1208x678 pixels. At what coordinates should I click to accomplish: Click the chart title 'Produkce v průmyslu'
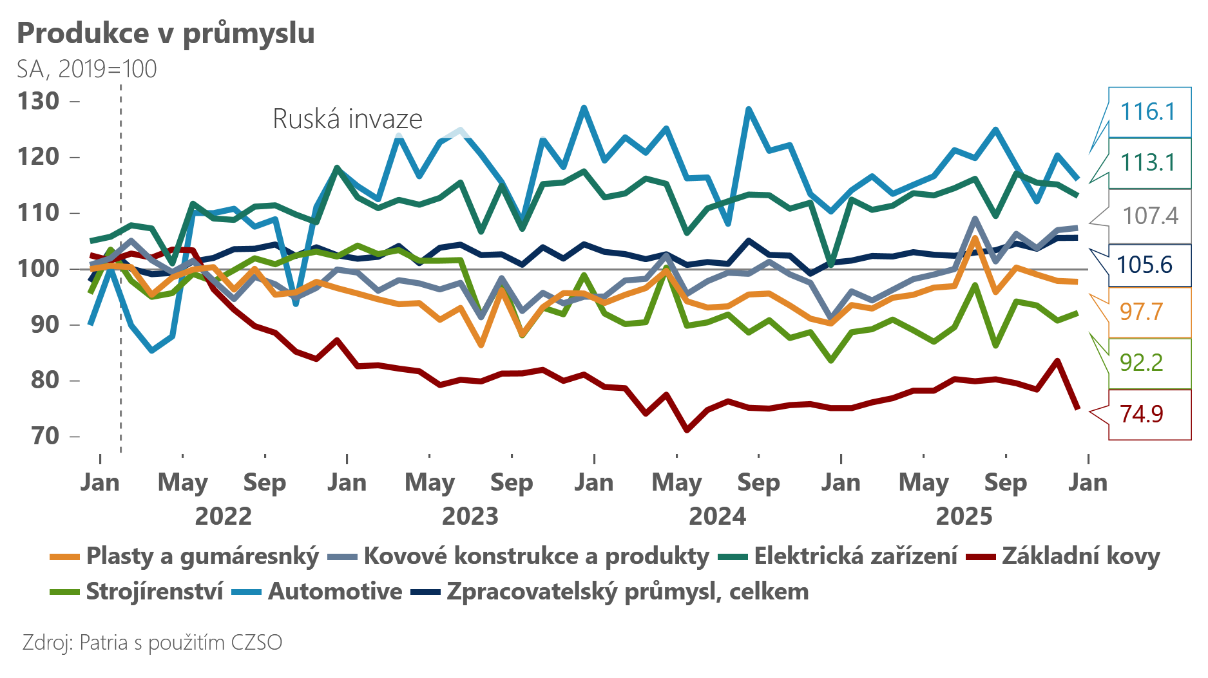[166, 33]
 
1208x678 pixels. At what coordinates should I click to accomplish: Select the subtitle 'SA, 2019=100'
[87, 69]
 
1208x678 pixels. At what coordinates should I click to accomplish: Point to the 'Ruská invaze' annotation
[347, 119]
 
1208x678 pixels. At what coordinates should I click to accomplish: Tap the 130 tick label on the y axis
[39, 101]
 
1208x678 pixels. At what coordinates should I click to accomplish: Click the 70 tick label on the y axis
[45, 436]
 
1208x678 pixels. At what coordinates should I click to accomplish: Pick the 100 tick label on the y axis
[39, 268]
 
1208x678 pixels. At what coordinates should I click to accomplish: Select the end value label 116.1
[1147, 112]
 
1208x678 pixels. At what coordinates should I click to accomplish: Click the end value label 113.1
[1147, 163]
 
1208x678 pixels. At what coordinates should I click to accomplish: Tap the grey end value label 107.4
[1150, 216]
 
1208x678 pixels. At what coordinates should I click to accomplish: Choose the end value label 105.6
[1145, 265]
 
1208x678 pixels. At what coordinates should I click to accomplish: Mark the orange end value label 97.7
[1141, 312]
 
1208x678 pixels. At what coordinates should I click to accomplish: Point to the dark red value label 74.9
[1141, 414]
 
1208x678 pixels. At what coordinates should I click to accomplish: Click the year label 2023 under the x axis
[470, 516]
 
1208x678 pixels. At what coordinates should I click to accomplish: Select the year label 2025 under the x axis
[964, 516]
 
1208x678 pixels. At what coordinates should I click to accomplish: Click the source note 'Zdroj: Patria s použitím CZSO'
[152, 643]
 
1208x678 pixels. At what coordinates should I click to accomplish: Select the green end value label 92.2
[1141, 363]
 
